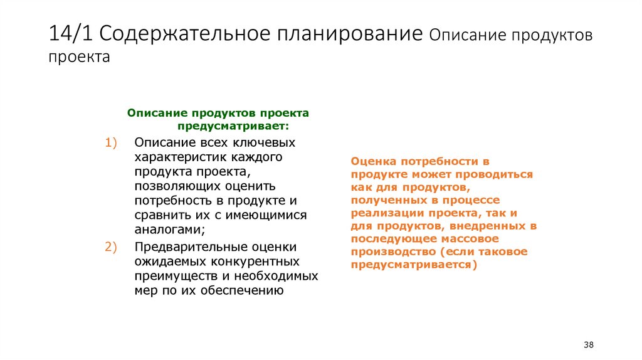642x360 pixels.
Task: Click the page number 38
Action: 588,345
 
